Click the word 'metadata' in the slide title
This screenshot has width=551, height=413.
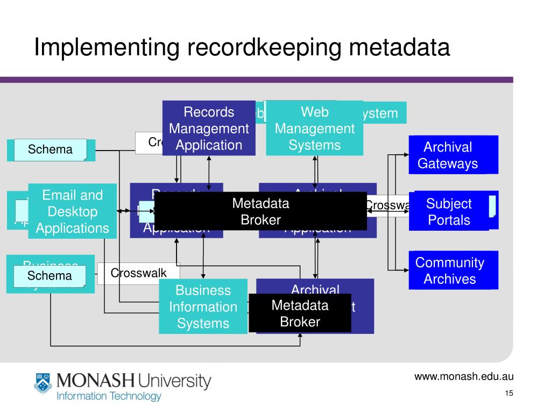pyautogui.click(x=399, y=47)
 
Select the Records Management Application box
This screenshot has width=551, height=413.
pyautogui.click(x=209, y=128)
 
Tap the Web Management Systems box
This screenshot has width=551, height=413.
pyautogui.click(x=315, y=128)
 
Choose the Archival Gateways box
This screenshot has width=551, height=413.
pyautogui.click(x=448, y=155)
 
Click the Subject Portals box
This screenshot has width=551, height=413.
pyautogui.click(x=449, y=211)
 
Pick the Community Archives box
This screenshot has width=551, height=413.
pyautogui.click(x=450, y=270)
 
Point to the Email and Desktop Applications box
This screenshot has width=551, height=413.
pyautogui.click(x=73, y=211)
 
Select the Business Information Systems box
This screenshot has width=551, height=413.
pyautogui.click(x=203, y=307)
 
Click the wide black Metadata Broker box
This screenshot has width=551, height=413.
pyautogui.click(x=260, y=211)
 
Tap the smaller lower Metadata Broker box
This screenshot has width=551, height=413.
pyautogui.click(x=300, y=314)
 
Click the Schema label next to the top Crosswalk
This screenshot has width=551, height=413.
pyautogui.click(x=50, y=149)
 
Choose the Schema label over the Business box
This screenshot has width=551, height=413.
pyautogui.click(x=50, y=276)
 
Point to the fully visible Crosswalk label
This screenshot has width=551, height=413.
pyautogui.click(x=139, y=273)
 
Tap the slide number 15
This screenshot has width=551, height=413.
pyautogui.click(x=509, y=394)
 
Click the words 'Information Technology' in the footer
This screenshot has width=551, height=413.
pyautogui.click(x=109, y=397)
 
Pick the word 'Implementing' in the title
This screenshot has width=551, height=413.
pyautogui.click(x=107, y=47)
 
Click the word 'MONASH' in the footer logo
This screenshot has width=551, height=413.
pyautogui.click(x=95, y=381)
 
